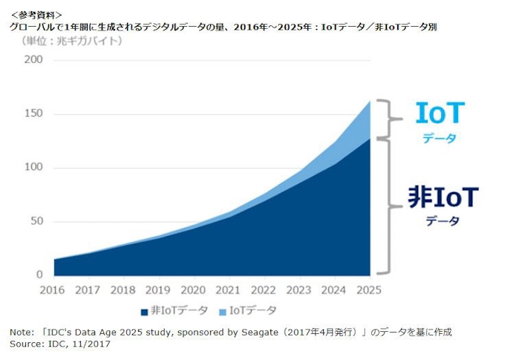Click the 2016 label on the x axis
pyautogui.click(x=54, y=289)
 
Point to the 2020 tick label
pyautogui.click(x=194, y=289)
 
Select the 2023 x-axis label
pyautogui.click(x=299, y=289)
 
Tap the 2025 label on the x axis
pyautogui.click(x=369, y=289)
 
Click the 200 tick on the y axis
pyautogui.click(x=33, y=60)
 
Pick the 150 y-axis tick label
pyautogui.click(x=33, y=114)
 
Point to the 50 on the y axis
pyautogui.click(x=36, y=221)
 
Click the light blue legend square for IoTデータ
pyautogui.click(x=222, y=310)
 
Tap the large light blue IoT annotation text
pyautogui.click(x=440, y=113)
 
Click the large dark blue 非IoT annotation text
pyautogui.click(x=443, y=197)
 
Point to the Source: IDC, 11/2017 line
pyautogui.click(x=55, y=344)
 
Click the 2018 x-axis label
pyautogui.click(x=124, y=289)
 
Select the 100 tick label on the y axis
pyautogui.click(x=33, y=168)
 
